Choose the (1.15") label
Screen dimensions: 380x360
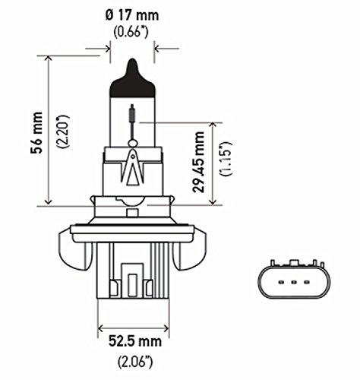click(223, 160)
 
